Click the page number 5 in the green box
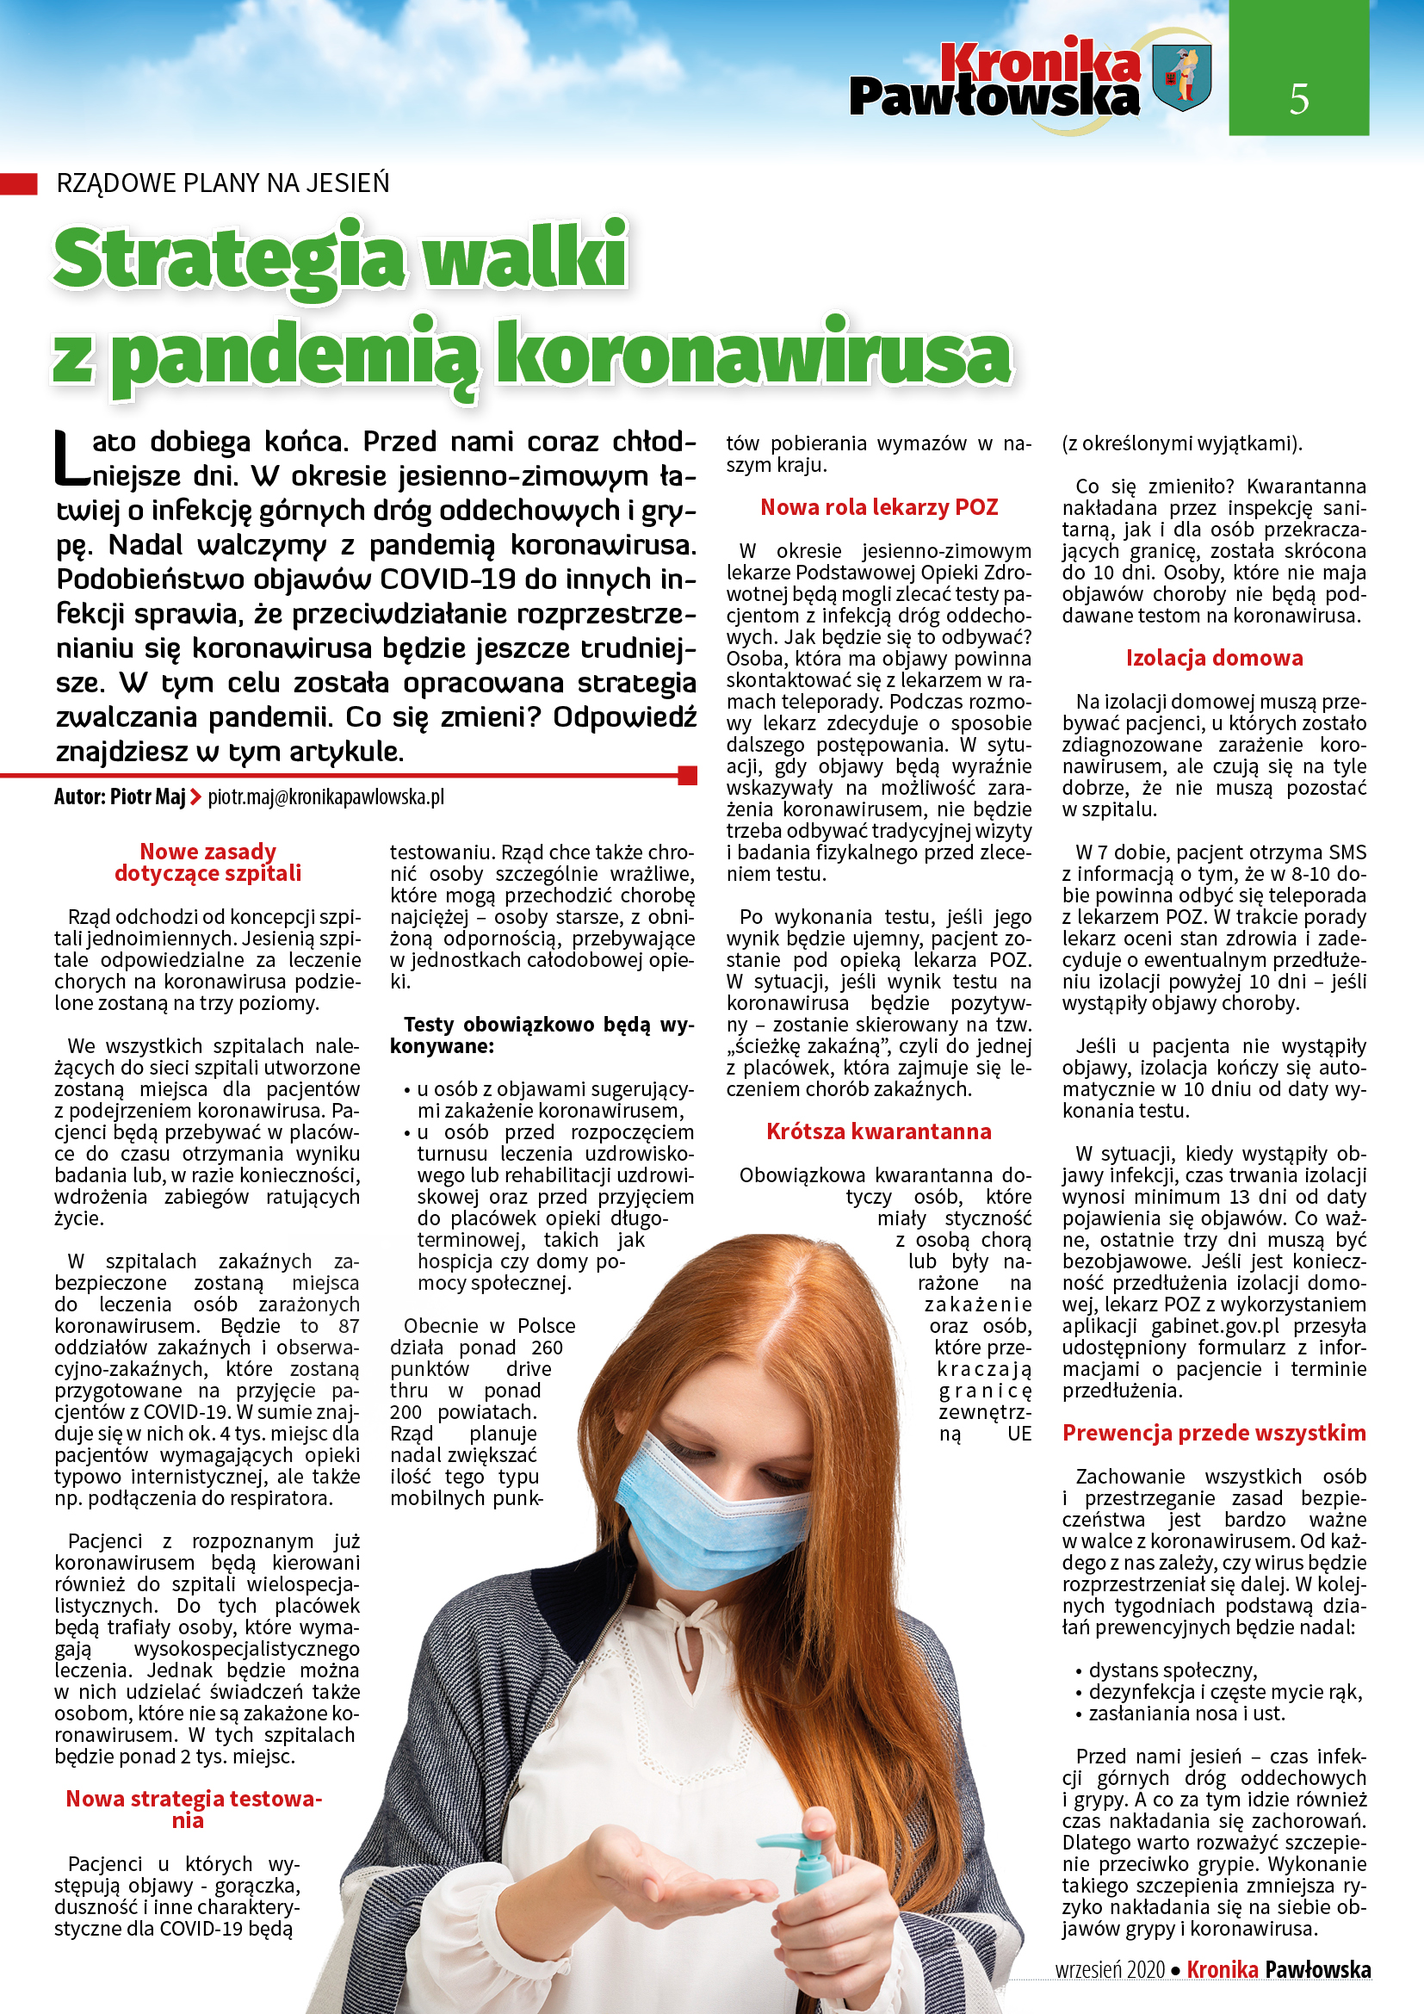[x=1298, y=98]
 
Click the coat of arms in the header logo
[x=1180, y=77]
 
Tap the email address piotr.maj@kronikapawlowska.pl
[x=326, y=796]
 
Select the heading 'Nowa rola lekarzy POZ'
[x=879, y=507]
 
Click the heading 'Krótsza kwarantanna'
[x=879, y=1131]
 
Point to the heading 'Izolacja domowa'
[x=1215, y=658]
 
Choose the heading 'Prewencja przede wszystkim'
[x=1215, y=1433]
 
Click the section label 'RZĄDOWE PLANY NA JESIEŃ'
[x=223, y=183]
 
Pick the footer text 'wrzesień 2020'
[x=1110, y=1969]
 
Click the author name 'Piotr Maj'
[x=147, y=796]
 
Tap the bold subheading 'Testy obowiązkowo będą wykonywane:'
[x=541, y=1035]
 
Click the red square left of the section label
[x=18, y=183]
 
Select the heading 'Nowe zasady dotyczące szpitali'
[x=207, y=862]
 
